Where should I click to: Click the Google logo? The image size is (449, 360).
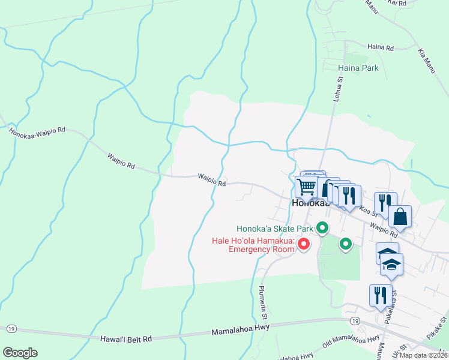(19, 353)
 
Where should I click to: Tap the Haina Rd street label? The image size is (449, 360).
(380, 47)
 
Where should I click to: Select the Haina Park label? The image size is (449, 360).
(358, 68)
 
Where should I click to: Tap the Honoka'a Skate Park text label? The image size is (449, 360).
(275, 229)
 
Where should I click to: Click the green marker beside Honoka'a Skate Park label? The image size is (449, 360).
(322, 228)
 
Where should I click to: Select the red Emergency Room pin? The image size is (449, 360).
(304, 244)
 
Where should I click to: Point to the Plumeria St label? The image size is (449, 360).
(262, 298)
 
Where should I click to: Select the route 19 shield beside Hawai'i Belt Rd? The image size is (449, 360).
(11, 329)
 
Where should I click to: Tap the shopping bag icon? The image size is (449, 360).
(400, 217)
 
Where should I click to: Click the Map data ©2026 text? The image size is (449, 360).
(423, 355)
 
